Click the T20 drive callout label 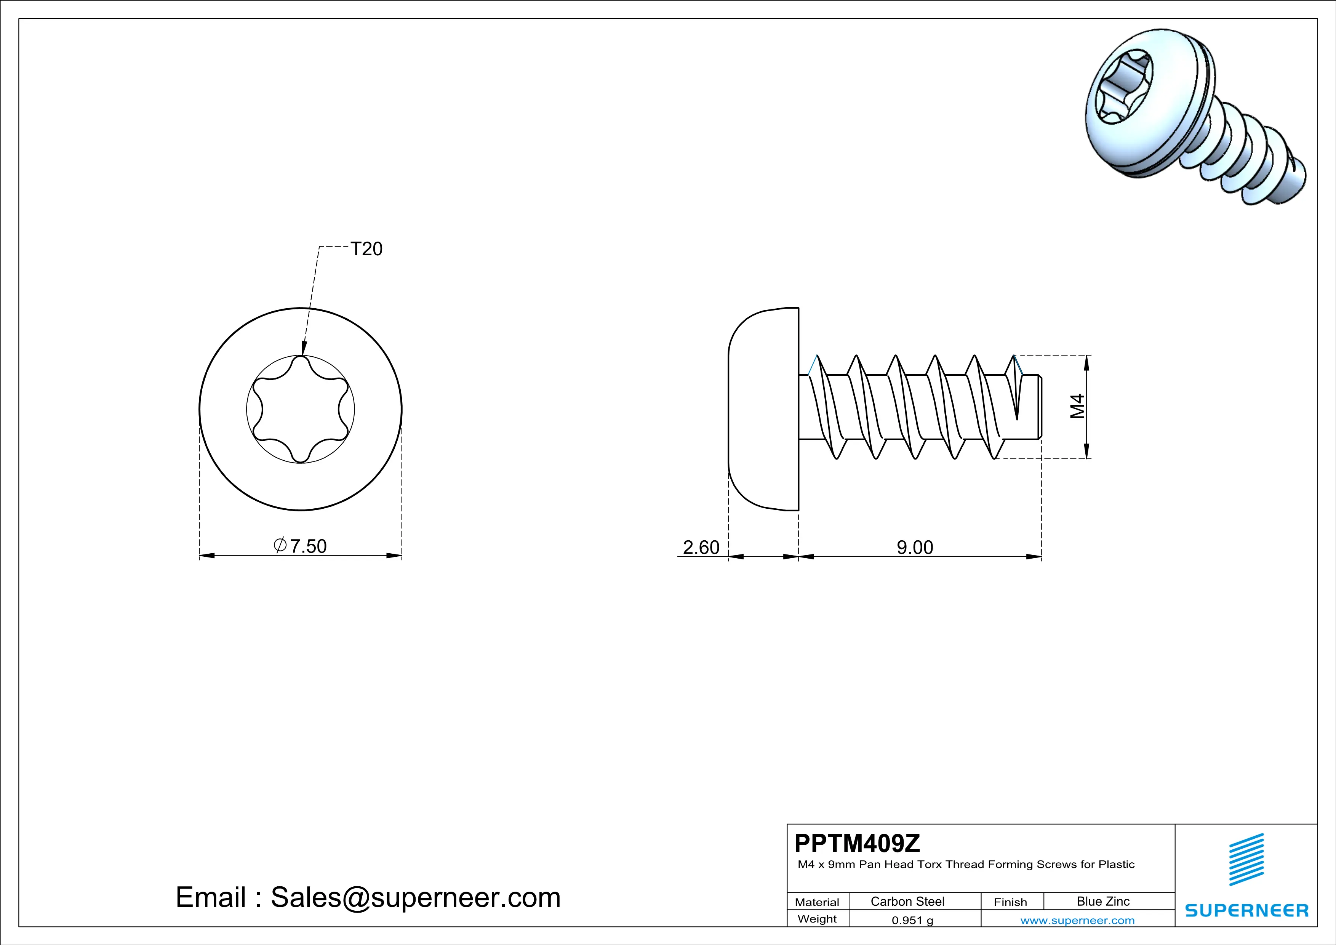pyautogui.click(x=366, y=249)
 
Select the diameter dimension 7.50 pyautogui.click(x=301, y=546)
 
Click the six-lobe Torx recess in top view pyautogui.click(x=301, y=409)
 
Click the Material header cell pyautogui.click(x=817, y=902)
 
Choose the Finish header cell pyautogui.click(x=1010, y=902)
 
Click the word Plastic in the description pyautogui.click(x=1116, y=865)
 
